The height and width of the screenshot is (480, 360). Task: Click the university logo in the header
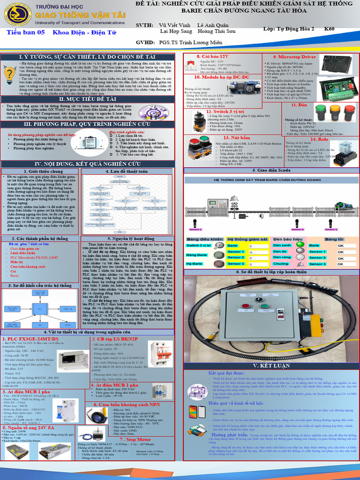tap(17, 15)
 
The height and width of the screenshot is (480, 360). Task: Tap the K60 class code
tap(330, 29)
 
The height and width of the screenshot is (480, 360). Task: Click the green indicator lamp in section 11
tap(320, 112)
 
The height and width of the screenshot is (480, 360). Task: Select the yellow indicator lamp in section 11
tap(335, 112)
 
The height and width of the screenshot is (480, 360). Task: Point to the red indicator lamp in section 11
tap(349, 112)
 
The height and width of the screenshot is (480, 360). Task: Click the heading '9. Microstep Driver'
tap(294, 57)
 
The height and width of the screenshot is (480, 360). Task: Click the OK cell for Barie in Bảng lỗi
tap(341, 245)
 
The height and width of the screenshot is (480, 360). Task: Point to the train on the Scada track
tap(341, 205)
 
